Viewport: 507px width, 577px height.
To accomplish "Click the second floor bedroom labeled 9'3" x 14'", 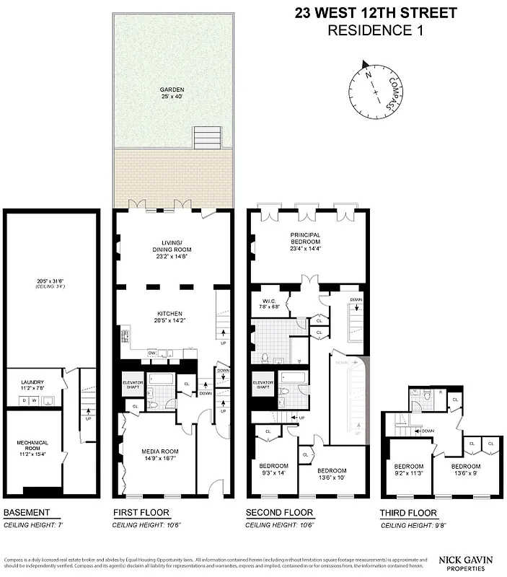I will (273, 469).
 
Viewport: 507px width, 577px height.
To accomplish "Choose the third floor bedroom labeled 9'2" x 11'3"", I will (408, 470).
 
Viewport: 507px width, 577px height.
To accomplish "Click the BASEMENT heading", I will (27, 514).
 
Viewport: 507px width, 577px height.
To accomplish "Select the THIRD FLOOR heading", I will (408, 514).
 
